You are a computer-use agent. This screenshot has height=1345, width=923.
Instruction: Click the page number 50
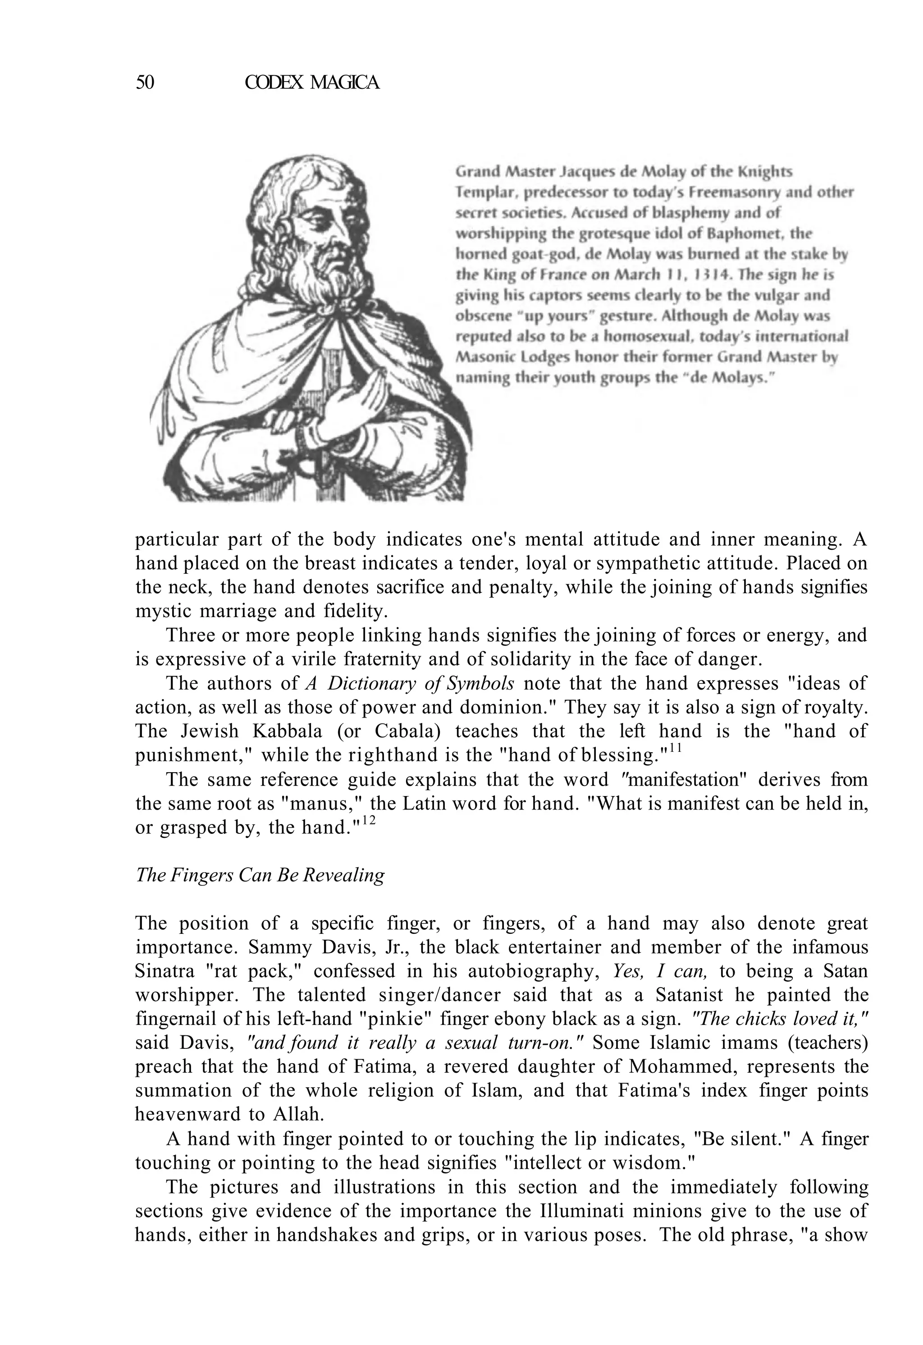coord(145,83)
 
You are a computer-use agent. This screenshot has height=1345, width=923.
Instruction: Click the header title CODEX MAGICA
coord(312,83)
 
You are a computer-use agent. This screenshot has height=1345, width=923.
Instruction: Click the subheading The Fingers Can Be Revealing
coord(260,875)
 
